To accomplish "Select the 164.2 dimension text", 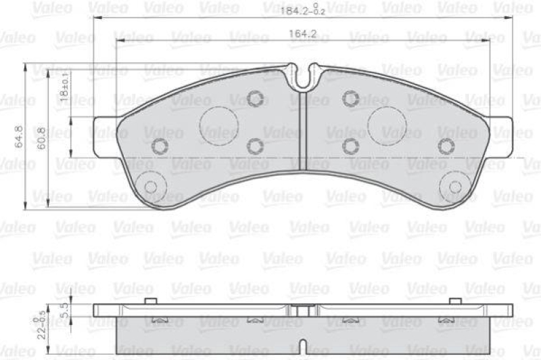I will coord(303,33).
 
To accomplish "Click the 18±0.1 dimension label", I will coord(64,89).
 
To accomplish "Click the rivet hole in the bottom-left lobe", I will coord(151,187).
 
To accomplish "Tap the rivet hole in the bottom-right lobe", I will coord(455,187).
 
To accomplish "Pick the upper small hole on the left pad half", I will coord(255,99).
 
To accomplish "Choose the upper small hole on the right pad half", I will coord(350,99).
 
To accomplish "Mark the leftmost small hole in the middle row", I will coord(160,145).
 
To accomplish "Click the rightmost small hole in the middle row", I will coord(445,145).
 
